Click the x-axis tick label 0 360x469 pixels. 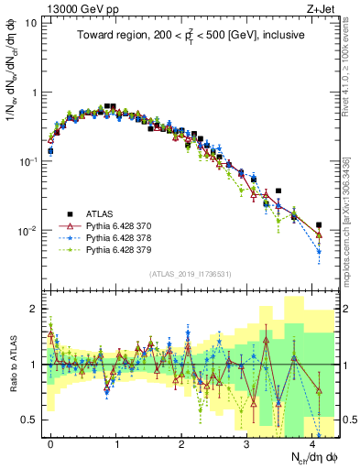point(50,441)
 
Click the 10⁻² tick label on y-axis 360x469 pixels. point(25,230)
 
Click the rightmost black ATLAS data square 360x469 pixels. point(319,224)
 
